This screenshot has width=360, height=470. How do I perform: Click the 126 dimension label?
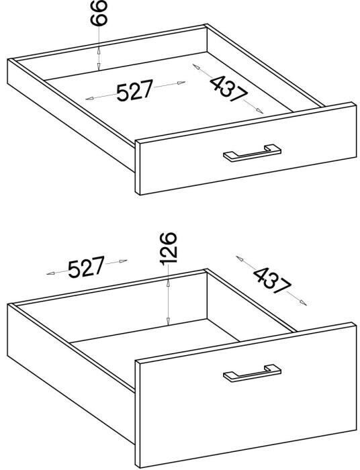click(x=168, y=248)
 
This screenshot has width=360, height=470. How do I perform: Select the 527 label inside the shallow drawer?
click(x=135, y=90)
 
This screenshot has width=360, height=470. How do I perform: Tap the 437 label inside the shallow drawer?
click(x=229, y=89)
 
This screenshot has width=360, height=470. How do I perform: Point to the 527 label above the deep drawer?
click(x=87, y=267)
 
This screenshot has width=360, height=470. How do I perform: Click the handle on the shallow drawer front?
click(x=252, y=153)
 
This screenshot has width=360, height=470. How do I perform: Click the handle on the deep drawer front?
click(x=252, y=373)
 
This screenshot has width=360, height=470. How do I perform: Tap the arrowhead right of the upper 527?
click(x=181, y=83)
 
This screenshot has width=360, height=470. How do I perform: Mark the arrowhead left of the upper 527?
click(x=89, y=98)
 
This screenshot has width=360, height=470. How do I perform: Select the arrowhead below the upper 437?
click(x=259, y=111)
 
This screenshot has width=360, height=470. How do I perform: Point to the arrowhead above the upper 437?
click(x=196, y=66)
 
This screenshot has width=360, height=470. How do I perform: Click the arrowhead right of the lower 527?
click(x=123, y=261)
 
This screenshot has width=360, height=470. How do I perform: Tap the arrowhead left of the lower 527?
click(x=50, y=273)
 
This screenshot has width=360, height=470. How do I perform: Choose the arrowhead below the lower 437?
click(x=303, y=303)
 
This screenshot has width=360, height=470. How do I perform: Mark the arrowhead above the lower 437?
click(x=240, y=258)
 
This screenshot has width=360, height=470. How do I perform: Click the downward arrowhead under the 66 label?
click(x=99, y=66)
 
